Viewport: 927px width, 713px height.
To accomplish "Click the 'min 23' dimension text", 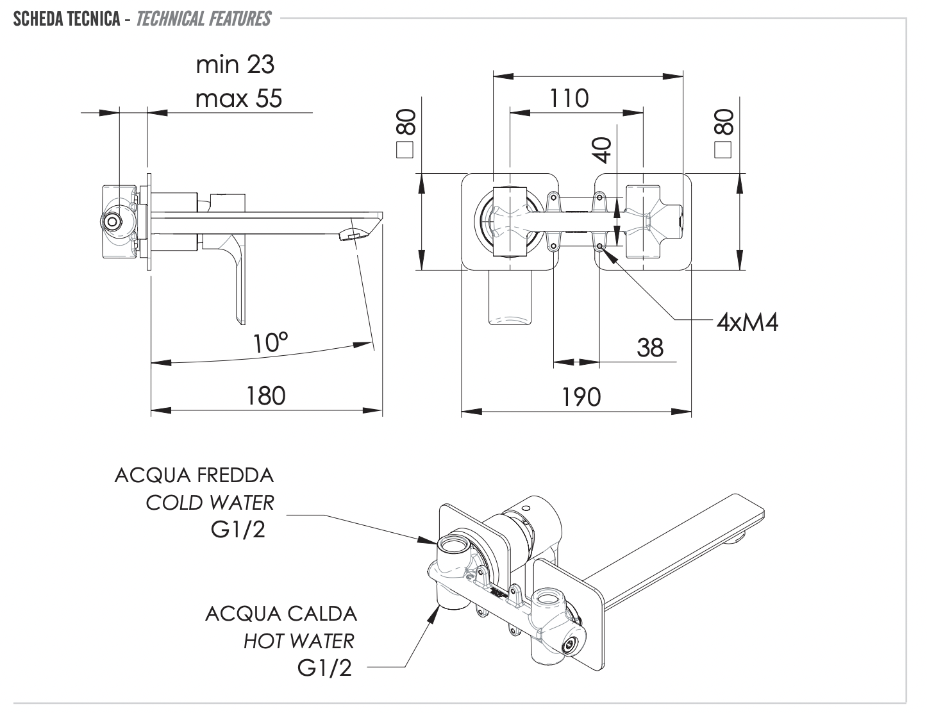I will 235,65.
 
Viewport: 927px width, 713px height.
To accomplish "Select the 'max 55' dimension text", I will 238,99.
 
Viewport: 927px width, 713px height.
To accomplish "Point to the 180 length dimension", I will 265,396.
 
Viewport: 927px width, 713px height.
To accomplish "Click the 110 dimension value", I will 569,99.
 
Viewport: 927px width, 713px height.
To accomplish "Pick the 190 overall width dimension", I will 581,397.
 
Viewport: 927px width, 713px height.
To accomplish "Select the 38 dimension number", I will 650,348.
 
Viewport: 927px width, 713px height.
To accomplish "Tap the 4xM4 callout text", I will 747,322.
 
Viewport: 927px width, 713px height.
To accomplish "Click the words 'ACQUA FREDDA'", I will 194,475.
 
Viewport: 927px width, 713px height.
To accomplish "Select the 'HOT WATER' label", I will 298,641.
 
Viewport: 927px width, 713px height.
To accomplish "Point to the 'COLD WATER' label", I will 210,503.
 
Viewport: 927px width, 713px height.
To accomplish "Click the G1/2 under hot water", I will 324,668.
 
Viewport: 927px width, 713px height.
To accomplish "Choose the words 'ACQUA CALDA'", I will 281,614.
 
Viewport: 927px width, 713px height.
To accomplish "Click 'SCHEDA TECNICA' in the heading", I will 66,19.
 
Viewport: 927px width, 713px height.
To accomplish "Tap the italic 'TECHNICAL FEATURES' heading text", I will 203,19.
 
